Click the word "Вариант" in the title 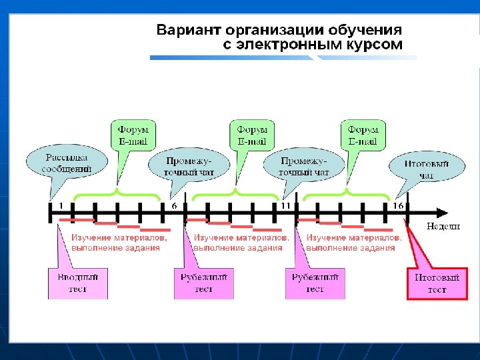point(187,31)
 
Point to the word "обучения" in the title point(370,31)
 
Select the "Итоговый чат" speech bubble point(427,169)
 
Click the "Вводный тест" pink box point(77,283)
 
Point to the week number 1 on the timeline point(61,205)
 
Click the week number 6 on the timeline point(174,205)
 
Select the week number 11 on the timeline point(286,205)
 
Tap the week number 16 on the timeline point(398,205)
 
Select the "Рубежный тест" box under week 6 point(204,283)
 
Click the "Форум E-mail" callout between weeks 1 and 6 point(133,135)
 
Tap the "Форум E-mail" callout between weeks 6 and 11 point(252,135)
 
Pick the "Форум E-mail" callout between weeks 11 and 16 point(363,135)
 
